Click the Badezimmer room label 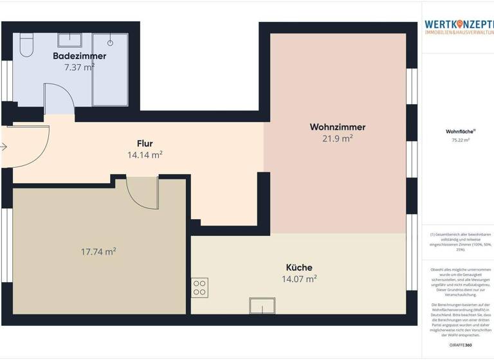pos(80,56)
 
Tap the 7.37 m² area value pos(80,66)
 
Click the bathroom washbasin pos(70,40)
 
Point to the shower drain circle pos(111,42)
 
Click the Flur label pos(145,143)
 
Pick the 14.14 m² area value pos(145,154)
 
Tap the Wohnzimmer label pos(338,127)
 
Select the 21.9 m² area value pos(338,138)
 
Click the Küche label pos(299,267)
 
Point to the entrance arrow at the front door pos(4,147)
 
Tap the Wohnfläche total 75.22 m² pos(457,139)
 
